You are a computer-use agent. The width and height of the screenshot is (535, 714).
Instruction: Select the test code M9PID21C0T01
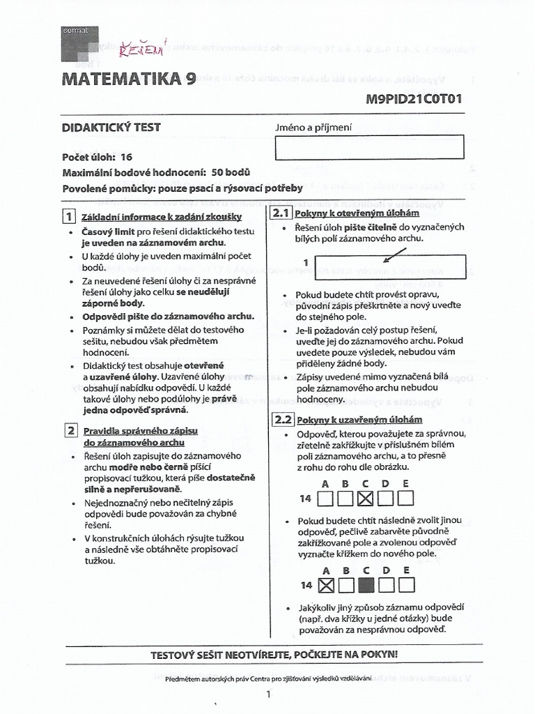tap(414, 99)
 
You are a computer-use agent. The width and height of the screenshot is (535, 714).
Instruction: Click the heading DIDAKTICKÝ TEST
tap(111, 127)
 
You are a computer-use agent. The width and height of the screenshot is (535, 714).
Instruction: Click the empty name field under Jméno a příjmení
tap(370, 147)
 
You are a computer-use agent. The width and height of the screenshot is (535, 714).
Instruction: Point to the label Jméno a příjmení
tap(315, 128)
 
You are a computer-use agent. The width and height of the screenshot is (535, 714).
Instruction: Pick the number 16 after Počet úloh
tap(126, 158)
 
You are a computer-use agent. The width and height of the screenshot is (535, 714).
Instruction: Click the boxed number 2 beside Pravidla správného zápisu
tap(70, 430)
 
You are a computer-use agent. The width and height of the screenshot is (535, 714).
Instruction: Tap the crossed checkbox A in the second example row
tap(325, 584)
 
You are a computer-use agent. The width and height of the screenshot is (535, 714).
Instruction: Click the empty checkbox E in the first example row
tap(405, 498)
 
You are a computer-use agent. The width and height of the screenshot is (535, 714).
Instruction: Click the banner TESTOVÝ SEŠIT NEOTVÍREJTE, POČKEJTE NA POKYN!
tap(274, 655)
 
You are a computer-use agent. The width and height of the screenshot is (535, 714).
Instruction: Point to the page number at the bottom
tap(268, 694)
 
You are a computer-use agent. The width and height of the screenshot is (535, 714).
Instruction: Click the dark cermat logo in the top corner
tap(80, 42)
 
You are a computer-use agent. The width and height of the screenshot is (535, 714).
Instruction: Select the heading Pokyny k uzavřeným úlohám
tap(359, 420)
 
